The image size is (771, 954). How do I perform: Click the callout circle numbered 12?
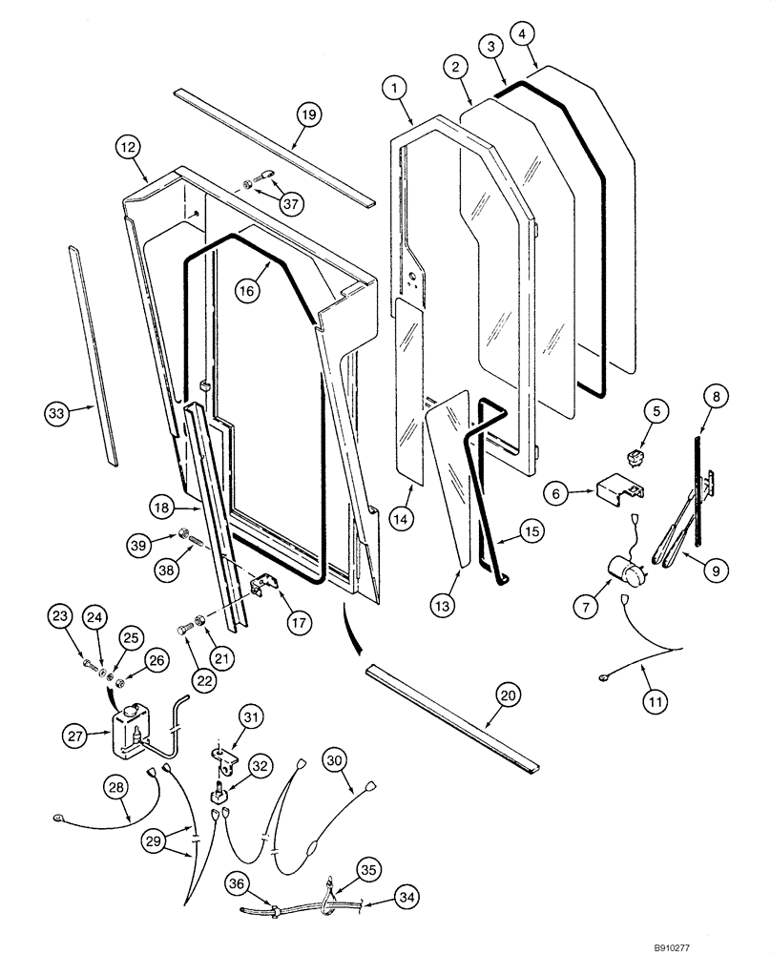[129, 148]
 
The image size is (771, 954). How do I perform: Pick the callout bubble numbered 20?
[508, 697]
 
